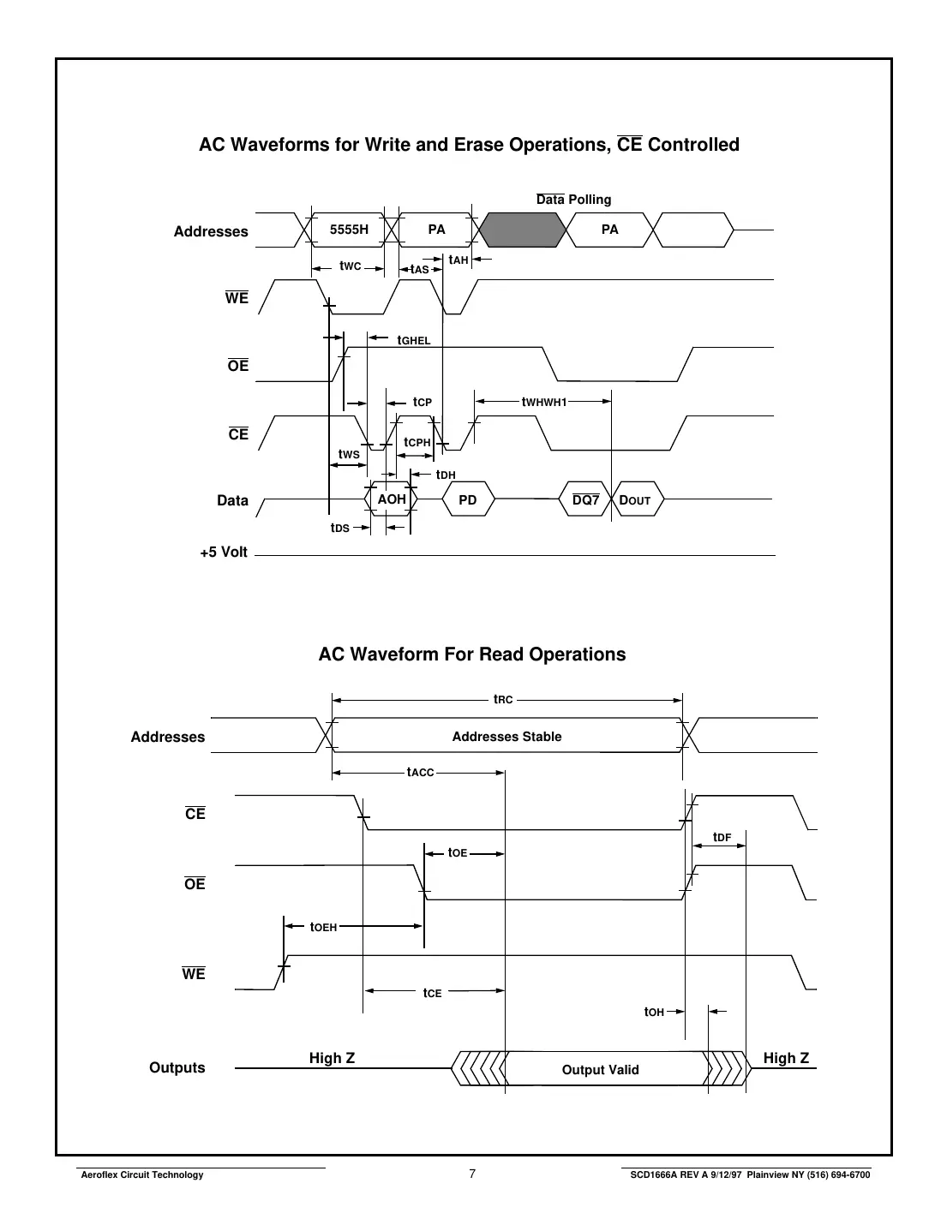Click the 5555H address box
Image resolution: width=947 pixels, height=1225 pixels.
(x=349, y=230)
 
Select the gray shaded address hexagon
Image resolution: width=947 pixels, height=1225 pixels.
(x=523, y=230)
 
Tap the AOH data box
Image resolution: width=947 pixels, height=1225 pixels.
(x=392, y=499)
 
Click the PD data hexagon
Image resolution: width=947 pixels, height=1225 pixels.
(x=468, y=500)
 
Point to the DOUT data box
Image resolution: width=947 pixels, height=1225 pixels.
(x=636, y=500)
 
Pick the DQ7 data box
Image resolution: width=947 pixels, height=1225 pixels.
(x=585, y=500)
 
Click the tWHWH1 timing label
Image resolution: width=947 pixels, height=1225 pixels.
(x=544, y=401)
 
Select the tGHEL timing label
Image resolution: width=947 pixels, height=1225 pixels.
(x=413, y=340)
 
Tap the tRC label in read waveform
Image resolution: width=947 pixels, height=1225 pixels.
(x=503, y=700)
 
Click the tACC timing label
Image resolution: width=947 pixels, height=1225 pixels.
(x=421, y=773)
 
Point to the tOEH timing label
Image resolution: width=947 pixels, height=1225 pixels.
(x=324, y=926)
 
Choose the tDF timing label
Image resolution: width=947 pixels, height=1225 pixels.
(x=722, y=837)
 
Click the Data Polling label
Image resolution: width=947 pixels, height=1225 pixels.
(x=573, y=200)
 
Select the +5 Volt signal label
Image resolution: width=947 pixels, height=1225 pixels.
(x=224, y=553)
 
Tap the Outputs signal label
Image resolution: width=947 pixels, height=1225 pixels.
(x=177, y=1067)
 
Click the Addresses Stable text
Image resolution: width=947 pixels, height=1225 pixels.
(x=506, y=737)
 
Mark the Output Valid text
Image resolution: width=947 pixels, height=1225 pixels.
(x=600, y=1070)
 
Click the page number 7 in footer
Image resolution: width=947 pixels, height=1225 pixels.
(x=472, y=1174)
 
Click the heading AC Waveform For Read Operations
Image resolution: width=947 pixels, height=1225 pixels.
(x=472, y=654)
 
